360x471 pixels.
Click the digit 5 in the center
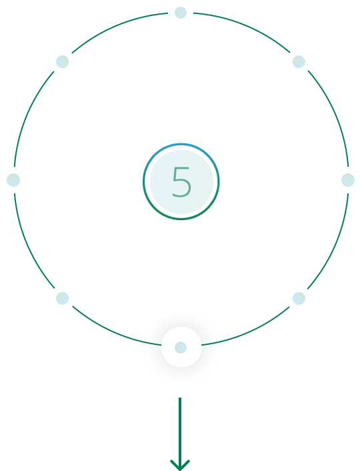(x=181, y=182)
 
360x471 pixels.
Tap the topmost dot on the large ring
(x=181, y=13)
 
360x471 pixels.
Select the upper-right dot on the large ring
(x=299, y=61)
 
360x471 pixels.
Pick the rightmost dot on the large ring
(x=348, y=180)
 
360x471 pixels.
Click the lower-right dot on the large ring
(x=299, y=298)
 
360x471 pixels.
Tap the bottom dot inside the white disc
(x=181, y=348)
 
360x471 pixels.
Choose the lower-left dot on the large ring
(x=63, y=298)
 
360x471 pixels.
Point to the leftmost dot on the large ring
(x=13, y=180)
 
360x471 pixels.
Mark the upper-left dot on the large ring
(x=63, y=61)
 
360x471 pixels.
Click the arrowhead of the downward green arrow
(x=180, y=465)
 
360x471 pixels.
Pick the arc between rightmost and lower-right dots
(x=335, y=245)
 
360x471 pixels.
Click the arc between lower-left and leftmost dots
(x=27, y=245)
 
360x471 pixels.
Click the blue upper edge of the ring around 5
(x=181, y=144)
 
